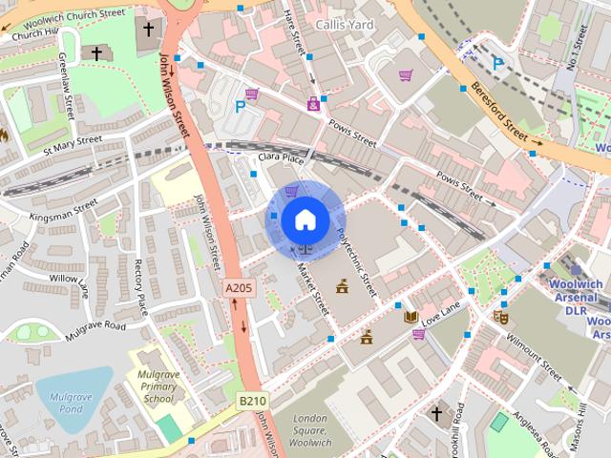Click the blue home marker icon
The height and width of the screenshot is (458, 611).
click(305, 219)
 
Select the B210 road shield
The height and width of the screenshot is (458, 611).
click(251, 402)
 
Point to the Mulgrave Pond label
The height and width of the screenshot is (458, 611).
click(66, 393)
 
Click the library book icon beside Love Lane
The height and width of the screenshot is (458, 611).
click(411, 317)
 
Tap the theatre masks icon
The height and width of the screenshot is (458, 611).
click(500, 316)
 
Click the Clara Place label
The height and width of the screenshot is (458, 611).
click(280, 157)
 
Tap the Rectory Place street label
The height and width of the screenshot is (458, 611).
click(141, 287)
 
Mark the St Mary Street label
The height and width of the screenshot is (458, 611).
click(73, 144)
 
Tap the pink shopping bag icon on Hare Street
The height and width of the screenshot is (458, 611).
click(313, 104)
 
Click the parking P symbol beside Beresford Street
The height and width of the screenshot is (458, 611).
click(496, 63)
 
